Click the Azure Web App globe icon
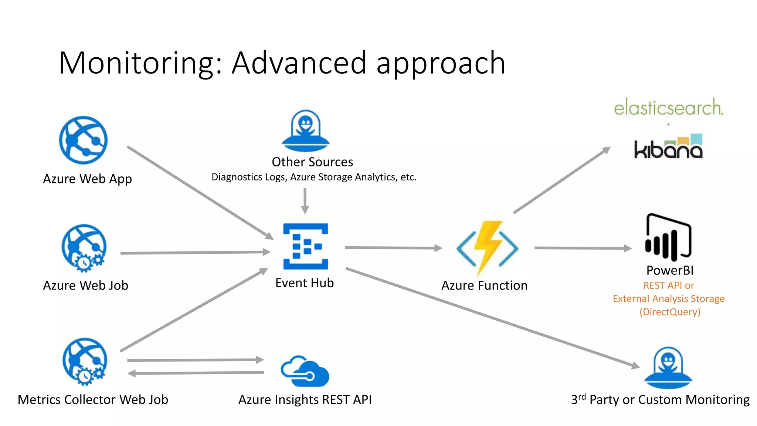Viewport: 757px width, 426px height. click(83, 140)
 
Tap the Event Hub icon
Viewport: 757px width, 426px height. click(306, 246)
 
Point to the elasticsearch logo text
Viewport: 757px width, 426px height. click(668, 108)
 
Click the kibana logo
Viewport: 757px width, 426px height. click(668, 148)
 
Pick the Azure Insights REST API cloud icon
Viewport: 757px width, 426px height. click(305, 372)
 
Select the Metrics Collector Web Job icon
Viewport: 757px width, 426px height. click(85, 361)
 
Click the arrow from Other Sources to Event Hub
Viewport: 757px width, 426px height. click(305, 200)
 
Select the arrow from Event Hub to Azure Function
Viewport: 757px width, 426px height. click(393, 248)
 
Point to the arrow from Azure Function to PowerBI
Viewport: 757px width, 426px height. click(583, 248)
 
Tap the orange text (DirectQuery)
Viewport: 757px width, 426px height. click(670, 312)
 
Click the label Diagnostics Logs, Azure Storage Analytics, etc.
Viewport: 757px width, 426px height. click(314, 177)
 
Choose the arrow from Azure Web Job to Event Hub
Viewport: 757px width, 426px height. click(195, 253)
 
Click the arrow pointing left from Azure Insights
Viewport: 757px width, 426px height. click(196, 373)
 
